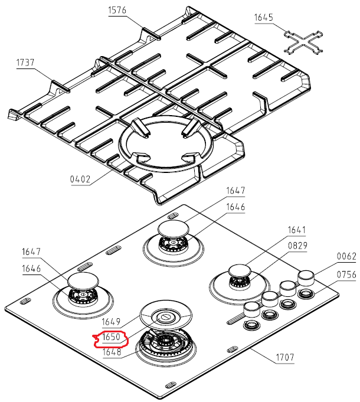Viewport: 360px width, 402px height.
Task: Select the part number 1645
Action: pyautogui.click(x=264, y=17)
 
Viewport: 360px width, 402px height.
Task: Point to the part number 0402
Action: pyautogui.click(x=79, y=179)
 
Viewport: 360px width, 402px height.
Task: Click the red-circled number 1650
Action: pyautogui.click(x=112, y=338)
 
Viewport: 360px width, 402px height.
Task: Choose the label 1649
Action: pyautogui.click(x=112, y=322)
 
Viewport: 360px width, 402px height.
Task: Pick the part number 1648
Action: pyautogui.click(x=112, y=352)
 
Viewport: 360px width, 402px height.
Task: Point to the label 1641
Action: pyautogui.click(x=297, y=230)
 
